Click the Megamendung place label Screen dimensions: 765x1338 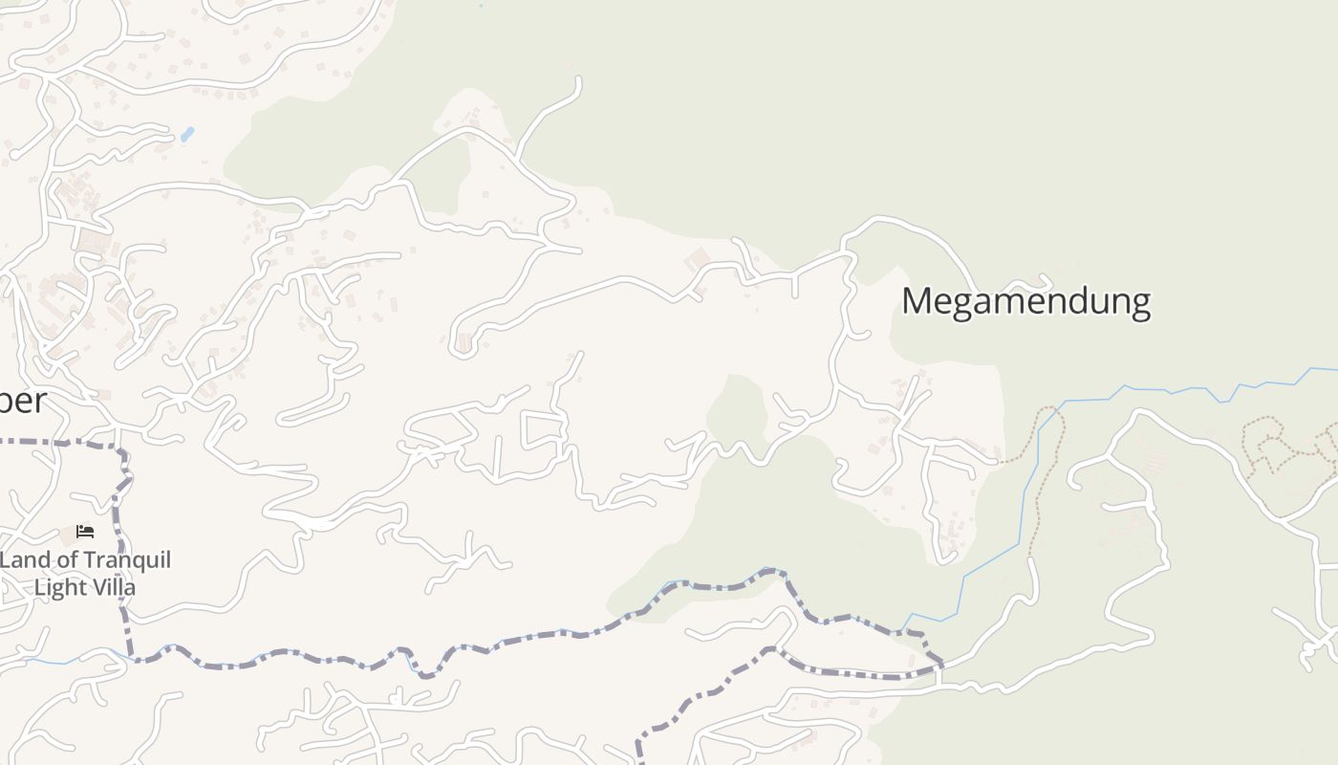1025,301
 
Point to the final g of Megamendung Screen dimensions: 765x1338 1138,305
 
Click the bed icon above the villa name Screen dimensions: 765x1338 85,532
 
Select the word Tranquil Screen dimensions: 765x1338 127,560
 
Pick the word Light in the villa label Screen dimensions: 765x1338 59,588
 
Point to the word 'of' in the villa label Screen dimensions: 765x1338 65,560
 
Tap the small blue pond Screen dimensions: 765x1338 186,135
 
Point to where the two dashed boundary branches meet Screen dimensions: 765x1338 939,665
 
